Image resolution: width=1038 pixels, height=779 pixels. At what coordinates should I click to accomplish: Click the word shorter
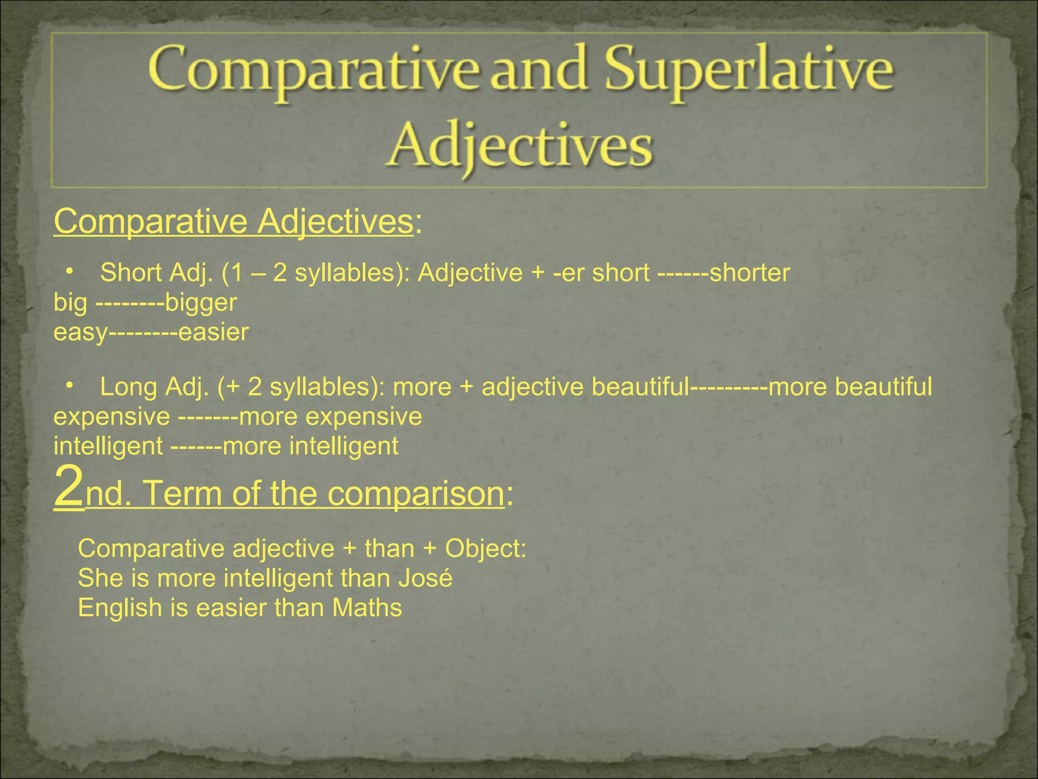click(750, 273)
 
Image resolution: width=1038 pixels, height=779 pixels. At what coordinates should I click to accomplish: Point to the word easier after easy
click(213, 333)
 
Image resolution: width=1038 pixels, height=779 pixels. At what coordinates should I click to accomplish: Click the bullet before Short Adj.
click(69, 273)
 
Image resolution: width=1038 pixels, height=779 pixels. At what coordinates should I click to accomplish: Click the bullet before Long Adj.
click(69, 387)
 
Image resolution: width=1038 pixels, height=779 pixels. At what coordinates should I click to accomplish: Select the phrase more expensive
click(330, 417)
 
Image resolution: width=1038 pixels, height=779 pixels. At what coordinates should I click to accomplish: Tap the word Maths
click(367, 608)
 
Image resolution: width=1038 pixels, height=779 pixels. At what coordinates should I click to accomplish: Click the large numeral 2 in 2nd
click(68, 487)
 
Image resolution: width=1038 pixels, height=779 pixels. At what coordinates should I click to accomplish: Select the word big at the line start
click(70, 303)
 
